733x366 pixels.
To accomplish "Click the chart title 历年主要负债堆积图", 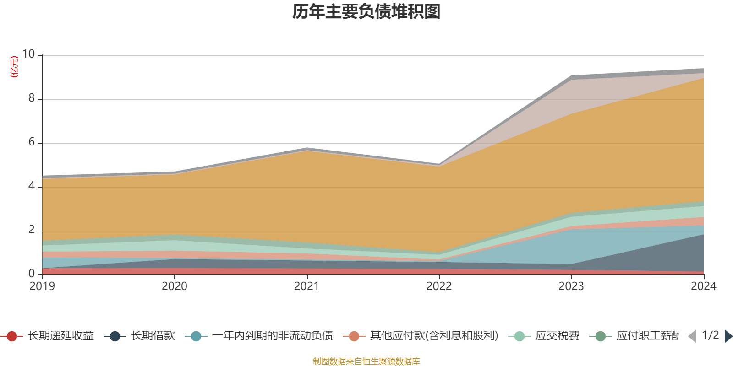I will (x=366, y=12).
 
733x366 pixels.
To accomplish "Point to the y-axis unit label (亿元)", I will (x=14, y=67).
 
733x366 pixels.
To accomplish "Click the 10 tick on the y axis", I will (x=28, y=54).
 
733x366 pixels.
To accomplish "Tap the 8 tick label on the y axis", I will (x=32, y=98).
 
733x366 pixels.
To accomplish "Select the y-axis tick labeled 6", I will (x=32, y=142).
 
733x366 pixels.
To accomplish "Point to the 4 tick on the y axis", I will (x=32, y=186).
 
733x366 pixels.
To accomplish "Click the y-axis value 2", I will (x=32, y=230).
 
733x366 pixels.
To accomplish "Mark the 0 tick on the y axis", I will (x=32, y=274).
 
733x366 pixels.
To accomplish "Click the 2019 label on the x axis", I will (x=42, y=286).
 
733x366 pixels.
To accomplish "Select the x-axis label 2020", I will (x=175, y=286).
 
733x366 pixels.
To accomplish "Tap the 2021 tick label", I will (x=306, y=286).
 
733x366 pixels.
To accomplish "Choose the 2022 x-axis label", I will (x=439, y=286).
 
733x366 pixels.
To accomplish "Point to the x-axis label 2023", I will (x=571, y=286).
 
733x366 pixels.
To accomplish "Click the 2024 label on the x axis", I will (x=703, y=286).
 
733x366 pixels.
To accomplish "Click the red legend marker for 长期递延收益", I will (x=12, y=336).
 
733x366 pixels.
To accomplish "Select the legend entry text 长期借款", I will (x=153, y=336).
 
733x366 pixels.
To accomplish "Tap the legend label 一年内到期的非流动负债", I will (x=272, y=336).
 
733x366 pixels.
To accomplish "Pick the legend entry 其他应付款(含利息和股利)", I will (x=434, y=336).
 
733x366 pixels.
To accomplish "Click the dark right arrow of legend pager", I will (x=728, y=336).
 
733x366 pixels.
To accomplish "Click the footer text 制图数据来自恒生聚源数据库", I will (x=366, y=361).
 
